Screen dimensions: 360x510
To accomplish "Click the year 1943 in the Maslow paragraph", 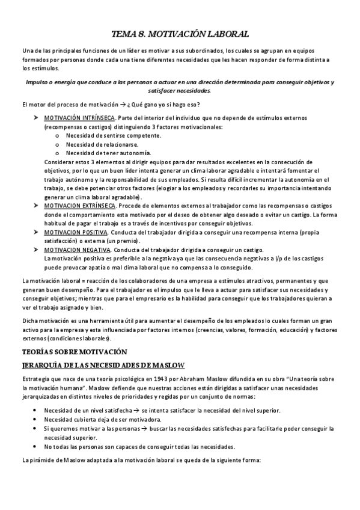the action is coord(163,379).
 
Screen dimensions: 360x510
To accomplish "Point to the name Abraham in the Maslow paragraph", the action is coord(194,379).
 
